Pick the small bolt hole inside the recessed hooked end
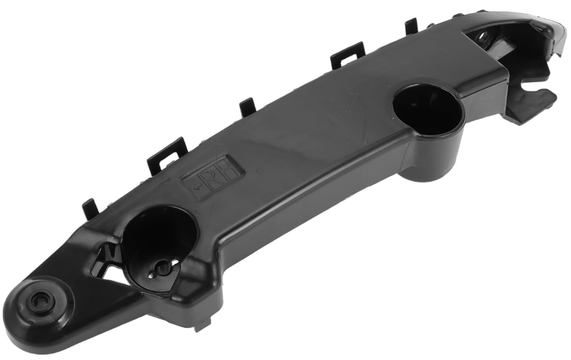483,36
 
